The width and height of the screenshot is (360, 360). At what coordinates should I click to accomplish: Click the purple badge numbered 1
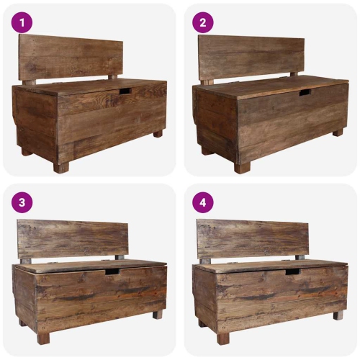(22, 23)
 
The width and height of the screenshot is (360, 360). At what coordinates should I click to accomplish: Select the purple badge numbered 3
(22, 203)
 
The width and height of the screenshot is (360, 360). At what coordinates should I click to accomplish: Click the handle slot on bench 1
(125, 92)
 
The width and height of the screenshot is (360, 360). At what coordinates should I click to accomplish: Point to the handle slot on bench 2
(305, 93)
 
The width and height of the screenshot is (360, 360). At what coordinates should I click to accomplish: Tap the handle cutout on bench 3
(112, 271)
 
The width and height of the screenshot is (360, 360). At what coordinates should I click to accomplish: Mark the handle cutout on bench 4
(292, 271)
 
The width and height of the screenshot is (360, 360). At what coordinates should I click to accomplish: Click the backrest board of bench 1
(71, 56)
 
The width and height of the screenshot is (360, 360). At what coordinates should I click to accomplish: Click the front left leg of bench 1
(61, 166)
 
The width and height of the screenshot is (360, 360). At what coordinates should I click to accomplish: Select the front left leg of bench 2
(241, 167)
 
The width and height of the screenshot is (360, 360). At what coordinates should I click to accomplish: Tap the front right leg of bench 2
(337, 132)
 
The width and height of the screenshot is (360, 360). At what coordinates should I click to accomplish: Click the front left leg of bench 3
(44, 337)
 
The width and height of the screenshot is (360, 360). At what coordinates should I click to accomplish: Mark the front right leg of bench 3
(158, 315)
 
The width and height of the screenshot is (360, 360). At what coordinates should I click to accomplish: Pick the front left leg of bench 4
(223, 337)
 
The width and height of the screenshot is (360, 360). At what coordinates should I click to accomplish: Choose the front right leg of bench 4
(338, 315)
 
